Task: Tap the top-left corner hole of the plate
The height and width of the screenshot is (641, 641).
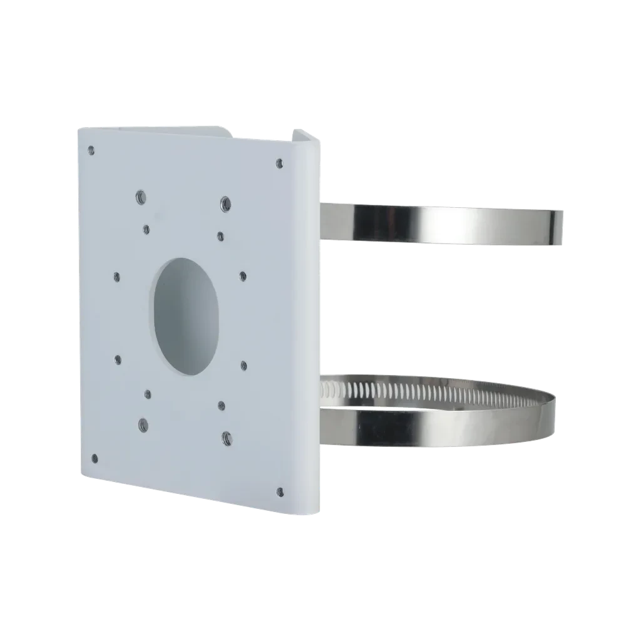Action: [x=91, y=150]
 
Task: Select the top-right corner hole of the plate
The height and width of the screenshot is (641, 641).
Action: [x=279, y=164]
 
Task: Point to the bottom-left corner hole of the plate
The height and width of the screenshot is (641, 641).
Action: [x=94, y=457]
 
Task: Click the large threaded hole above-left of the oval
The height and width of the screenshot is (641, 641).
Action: [x=140, y=197]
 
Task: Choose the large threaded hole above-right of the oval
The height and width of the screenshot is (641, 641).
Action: [x=223, y=203]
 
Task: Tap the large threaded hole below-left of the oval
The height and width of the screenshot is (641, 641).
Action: [x=143, y=424]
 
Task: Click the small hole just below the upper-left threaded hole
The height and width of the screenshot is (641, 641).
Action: [x=146, y=229]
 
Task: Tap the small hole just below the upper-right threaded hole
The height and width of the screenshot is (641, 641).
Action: [x=220, y=235]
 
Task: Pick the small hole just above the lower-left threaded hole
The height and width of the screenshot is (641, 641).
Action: [x=148, y=394]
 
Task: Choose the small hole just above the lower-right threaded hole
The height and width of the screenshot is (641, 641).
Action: [x=221, y=404]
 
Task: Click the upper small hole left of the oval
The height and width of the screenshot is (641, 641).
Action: [x=117, y=274]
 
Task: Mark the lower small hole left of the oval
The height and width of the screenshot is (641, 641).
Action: [x=118, y=359]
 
